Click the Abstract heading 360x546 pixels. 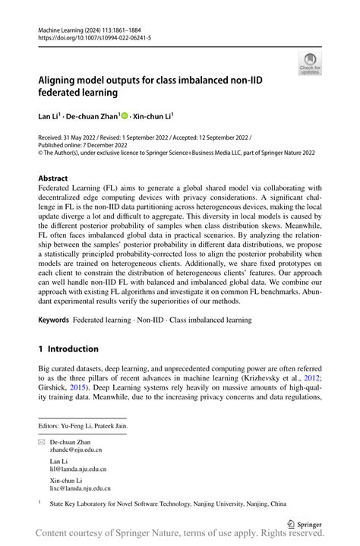click(56, 179)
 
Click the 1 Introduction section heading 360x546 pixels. click(68, 349)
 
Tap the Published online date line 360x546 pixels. click(87, 144)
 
